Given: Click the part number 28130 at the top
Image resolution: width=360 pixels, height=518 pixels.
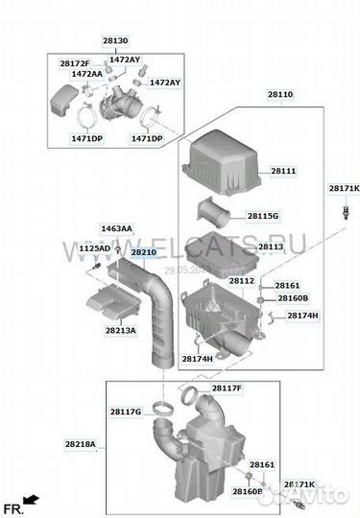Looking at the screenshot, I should (115, 42).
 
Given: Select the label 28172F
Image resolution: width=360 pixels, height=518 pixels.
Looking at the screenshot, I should (75, 63).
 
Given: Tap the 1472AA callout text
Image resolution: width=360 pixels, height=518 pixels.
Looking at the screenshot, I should (86, 74).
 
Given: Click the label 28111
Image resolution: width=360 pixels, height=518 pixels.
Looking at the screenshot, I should (283, 171).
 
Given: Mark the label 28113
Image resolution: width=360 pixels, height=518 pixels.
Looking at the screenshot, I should (271, 247).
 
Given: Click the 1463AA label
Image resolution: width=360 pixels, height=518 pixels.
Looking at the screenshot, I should (117, 229).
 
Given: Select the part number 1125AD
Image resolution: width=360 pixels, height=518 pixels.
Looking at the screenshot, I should (94, 248).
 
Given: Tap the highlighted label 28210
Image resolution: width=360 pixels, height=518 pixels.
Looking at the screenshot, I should (143, 252).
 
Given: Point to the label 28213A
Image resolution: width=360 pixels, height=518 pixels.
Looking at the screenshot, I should (121, 331).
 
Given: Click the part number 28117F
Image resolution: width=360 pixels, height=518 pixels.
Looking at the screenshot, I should (227, 388).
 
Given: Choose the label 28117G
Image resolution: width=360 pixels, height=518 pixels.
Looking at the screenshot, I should (126, 412).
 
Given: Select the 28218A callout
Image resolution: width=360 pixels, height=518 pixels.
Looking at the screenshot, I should (81, 444).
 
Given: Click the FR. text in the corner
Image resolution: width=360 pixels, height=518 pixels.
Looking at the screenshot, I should (13, 506).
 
